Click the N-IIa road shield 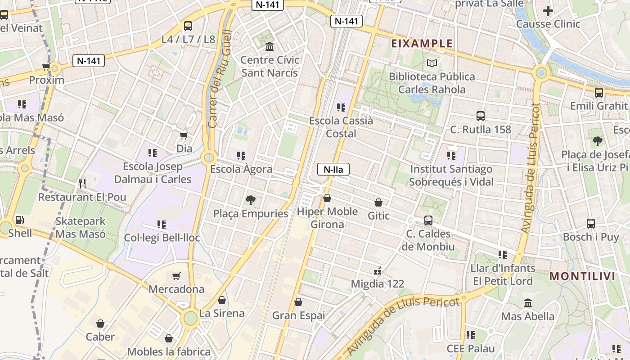(x=333, y=170)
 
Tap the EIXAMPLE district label (x=422, y=44)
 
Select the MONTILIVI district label (x=582, y=276)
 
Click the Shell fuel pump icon (x=20, y=220)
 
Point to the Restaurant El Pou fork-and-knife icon (x=82, y=183)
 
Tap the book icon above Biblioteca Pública (x=432, y=63)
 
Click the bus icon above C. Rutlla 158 (x=481, y=116)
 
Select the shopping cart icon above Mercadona (x=176, y=276)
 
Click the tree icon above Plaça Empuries (x=250, y=200)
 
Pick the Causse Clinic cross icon (x=548, y=11)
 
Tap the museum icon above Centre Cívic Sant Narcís (x=270, y=46)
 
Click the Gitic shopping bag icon (x=378, y=202)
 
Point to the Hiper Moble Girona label (x=328, y=218)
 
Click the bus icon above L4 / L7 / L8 (x=188, y=26)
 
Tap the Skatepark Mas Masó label (x=81, y=228)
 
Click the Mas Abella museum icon (x=528, y=303)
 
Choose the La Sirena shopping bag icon (x=222, y=300)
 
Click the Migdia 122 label (x=378, y=284)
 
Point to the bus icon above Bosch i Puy (x=591, y=224)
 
